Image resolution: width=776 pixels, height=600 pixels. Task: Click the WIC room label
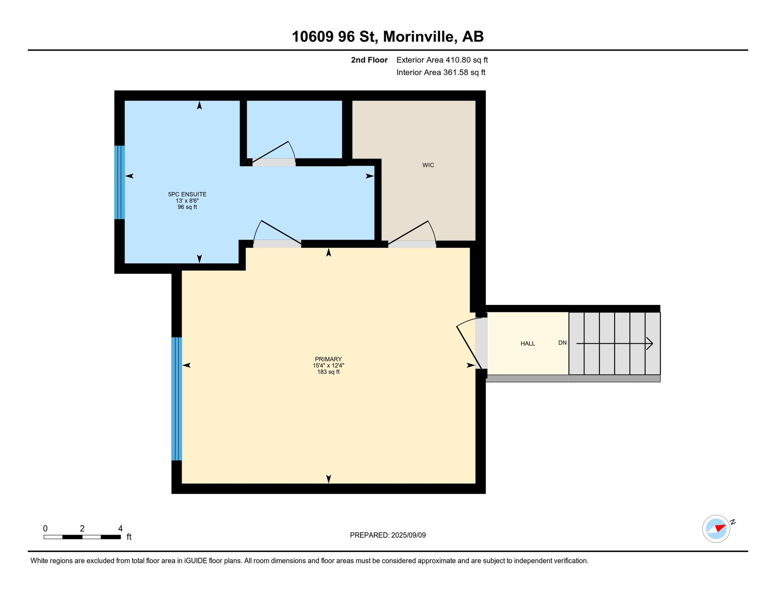428,165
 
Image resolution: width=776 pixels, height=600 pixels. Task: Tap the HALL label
527,344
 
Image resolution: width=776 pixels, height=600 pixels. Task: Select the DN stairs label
562,343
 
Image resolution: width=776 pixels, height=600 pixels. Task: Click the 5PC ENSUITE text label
187,194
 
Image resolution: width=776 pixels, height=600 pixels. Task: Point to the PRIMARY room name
328,359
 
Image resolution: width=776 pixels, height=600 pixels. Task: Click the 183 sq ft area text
328,372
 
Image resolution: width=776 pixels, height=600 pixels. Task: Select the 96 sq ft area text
187,207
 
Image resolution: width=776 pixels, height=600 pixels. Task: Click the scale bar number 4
120,528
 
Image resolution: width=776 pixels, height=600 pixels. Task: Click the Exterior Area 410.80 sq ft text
442,60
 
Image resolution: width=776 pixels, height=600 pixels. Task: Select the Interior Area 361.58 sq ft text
441,72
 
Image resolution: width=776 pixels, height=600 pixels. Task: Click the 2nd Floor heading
369,60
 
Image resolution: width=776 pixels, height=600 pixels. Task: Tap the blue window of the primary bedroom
177,399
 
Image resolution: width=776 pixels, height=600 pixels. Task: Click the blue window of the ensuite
120,182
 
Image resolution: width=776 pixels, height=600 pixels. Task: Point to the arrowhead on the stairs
649,344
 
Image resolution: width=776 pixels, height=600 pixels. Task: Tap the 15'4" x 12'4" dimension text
328,365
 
